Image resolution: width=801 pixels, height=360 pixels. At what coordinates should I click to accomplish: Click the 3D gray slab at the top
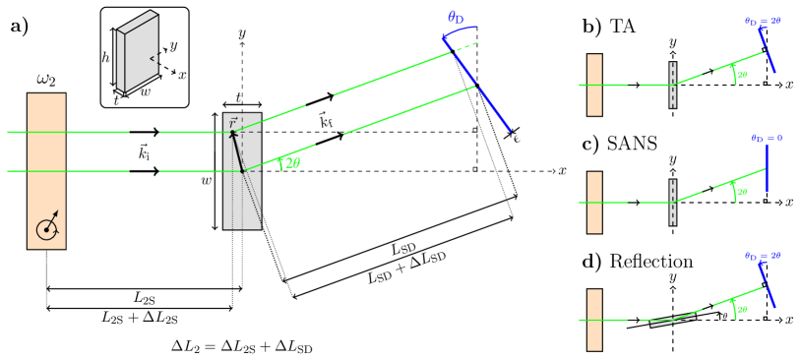137,51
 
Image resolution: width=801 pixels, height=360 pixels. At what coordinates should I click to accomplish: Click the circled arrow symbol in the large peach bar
47,227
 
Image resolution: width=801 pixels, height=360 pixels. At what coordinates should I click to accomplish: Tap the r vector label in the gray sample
233,122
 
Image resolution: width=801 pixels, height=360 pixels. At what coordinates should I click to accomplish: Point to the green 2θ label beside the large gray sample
291,163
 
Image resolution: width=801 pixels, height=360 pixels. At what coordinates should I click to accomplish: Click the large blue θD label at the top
457,18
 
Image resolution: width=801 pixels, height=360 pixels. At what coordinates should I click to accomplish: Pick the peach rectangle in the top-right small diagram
594,85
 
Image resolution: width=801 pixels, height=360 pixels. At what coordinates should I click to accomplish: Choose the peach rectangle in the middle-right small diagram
594,203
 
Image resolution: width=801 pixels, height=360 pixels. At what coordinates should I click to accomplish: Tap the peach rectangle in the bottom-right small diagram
594,320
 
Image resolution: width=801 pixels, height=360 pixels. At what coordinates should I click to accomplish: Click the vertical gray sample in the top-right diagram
673,85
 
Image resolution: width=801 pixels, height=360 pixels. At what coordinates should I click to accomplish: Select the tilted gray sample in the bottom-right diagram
673,319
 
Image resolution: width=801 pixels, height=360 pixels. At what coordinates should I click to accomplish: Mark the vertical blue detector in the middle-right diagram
767,168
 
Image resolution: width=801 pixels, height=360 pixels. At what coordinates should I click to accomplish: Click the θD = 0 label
767,139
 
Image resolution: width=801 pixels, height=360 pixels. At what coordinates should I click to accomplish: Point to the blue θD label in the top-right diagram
763,21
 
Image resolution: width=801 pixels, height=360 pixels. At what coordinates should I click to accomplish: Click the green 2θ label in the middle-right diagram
741,192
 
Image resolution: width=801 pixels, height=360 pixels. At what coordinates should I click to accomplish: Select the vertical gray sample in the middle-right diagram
673,203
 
